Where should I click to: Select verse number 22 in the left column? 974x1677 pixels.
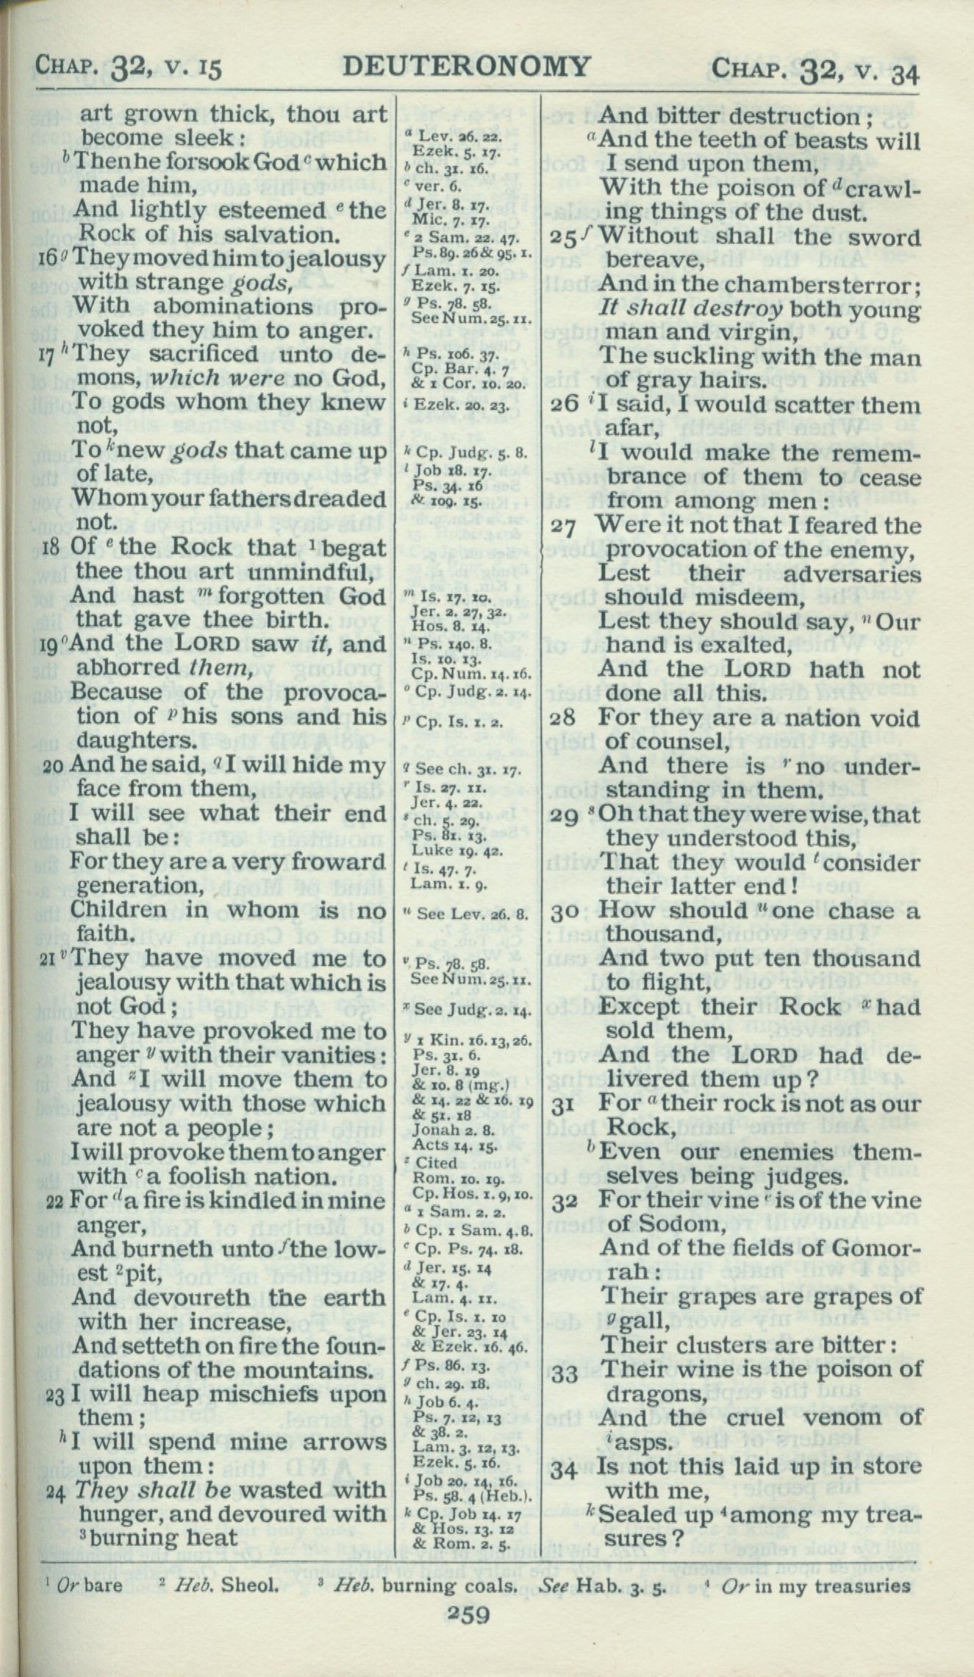tap(54, 1203)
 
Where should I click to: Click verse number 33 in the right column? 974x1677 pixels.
tap(565, 1373)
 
